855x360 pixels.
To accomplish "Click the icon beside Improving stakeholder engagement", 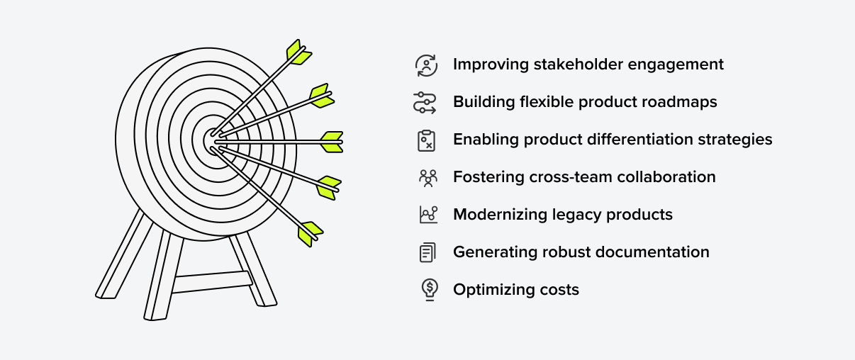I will [426, 65].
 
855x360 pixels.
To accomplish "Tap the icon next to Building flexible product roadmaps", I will [426, 103].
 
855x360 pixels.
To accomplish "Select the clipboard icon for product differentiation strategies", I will [426, 140].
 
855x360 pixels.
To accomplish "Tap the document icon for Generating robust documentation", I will [427, 252].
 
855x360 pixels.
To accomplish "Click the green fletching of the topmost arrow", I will [298, 51].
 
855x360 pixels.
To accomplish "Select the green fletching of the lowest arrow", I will [310, 233].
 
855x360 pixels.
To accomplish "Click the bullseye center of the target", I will [213, 141].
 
